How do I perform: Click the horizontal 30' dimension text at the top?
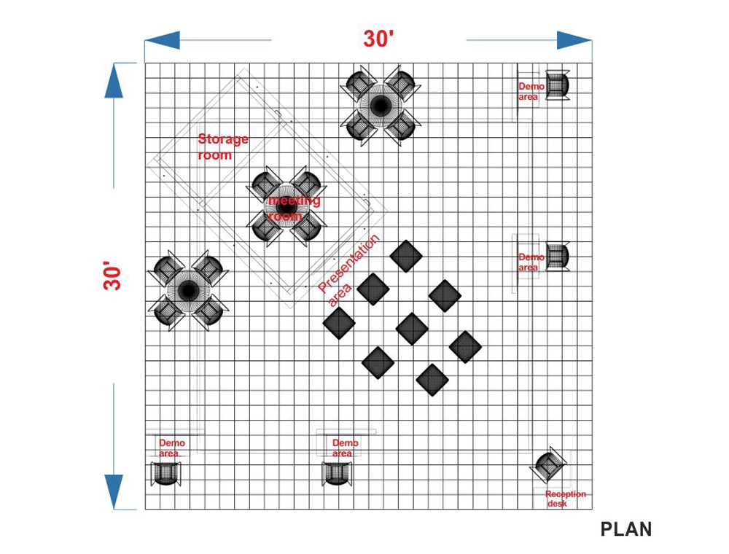tap(378, 39)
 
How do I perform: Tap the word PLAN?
tap(626, 528)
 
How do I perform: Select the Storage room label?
tap(223, 147)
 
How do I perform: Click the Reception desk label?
tap(565, 499)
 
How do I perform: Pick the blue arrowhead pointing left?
tap(162, 40)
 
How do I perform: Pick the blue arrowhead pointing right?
tap(575, 40)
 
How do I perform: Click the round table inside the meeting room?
tap(285, 206)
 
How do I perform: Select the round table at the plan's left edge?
tap(188, 290)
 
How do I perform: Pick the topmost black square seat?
tap(406, 255)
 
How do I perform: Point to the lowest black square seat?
tap(432, 379)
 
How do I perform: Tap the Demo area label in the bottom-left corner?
tap(171, 448)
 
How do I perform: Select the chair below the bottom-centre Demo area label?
tap(337, 473)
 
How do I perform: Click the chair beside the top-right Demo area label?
tap(558, 85)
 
